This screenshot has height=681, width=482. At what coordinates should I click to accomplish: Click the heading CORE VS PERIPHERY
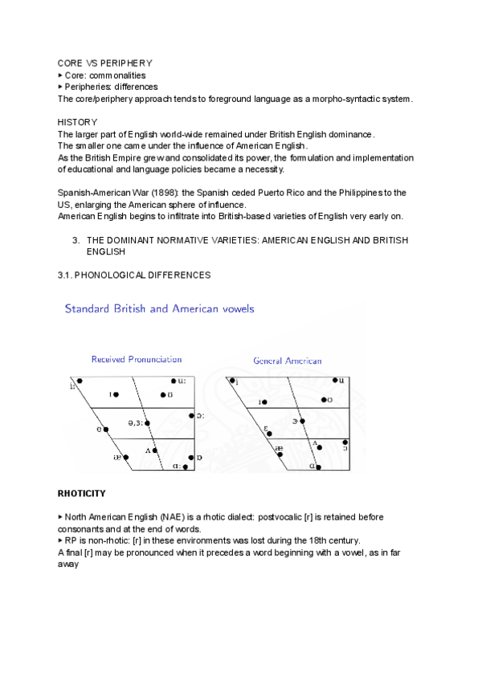105,63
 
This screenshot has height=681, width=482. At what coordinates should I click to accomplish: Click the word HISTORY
77,122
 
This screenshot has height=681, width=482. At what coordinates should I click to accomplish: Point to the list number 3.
76,240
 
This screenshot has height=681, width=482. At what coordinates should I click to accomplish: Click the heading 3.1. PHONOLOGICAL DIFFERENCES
133,275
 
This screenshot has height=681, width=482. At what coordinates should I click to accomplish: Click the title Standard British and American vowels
161,308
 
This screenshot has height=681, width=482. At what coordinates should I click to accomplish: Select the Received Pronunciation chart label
137,360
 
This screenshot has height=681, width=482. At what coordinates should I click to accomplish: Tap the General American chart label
287,361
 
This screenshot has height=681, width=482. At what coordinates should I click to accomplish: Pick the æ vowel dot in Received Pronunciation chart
126,456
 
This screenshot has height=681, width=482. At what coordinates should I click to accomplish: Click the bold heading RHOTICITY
82,492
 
